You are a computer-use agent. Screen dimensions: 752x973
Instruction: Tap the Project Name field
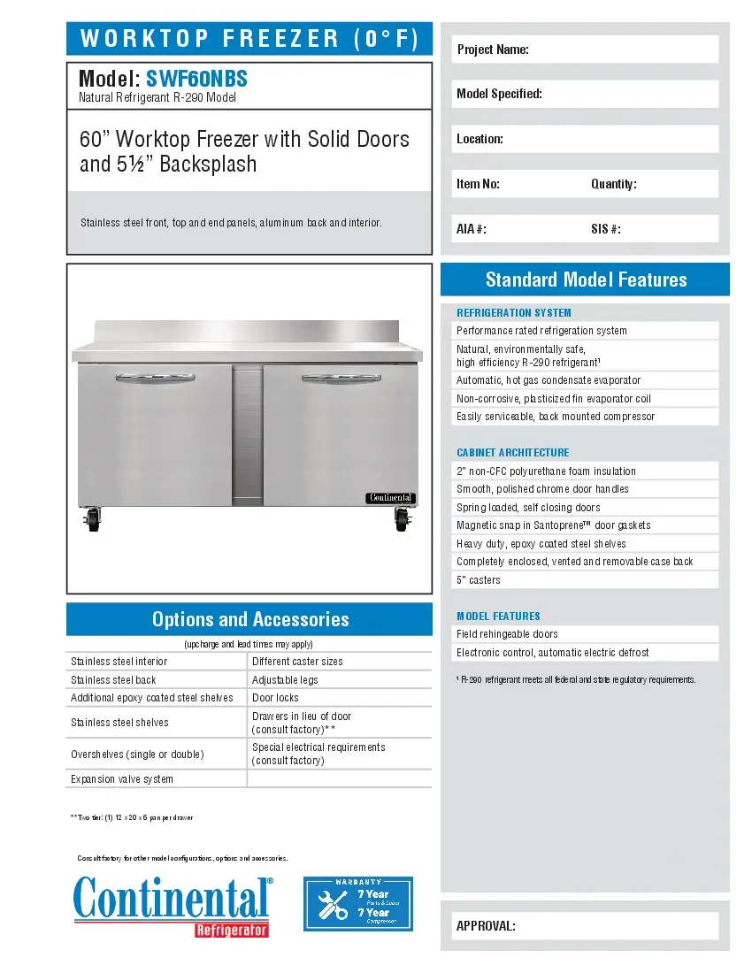pos(585,50)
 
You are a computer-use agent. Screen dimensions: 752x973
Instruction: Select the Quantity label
pos(614,184)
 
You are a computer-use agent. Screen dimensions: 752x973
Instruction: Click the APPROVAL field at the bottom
pos(585,926)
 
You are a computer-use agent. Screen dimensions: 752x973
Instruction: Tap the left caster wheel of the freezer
pos(91,517)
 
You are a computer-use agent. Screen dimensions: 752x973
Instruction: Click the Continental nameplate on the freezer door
pos(390,498)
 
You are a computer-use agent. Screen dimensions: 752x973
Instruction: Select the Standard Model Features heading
pos(586,280)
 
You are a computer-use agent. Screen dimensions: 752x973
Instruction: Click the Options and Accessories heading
pos(249,619)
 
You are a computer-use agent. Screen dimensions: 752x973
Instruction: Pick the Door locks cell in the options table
pos(276,698)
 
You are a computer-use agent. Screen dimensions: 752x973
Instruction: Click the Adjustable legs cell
pos(285,679)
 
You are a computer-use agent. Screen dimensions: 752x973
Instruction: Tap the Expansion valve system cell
pos(122,779)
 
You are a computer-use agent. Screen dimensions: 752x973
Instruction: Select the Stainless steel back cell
pos(113,679)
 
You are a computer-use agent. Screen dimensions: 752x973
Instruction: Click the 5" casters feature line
pos(479,580)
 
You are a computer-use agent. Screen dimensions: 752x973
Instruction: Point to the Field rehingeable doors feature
pos(507,634)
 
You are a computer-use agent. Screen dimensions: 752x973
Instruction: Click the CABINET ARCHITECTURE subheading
pos(513,453)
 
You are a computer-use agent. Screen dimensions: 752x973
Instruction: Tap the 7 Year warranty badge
pos(358,904)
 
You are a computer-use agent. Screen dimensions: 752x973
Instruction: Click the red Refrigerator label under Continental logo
pos(232,930)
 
